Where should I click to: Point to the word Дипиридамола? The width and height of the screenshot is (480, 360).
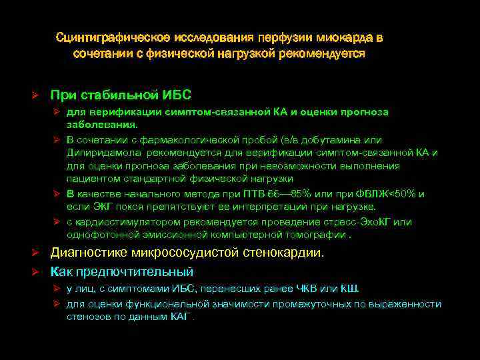pos(98,153)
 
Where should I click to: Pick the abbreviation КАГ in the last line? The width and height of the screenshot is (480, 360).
pos(178,317)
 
